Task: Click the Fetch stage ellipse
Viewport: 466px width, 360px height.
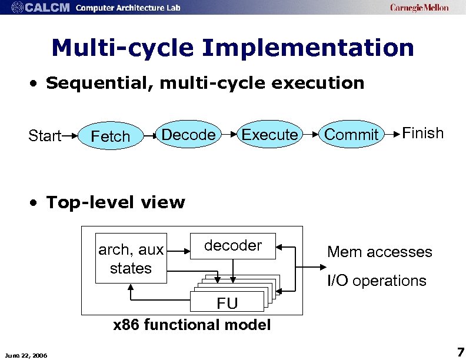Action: tap(111, 136)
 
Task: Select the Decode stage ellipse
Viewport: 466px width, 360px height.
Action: tap(188, 135)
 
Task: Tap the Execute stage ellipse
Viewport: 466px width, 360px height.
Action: tap(269, 135)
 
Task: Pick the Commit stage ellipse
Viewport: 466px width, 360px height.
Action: tap(351, 135)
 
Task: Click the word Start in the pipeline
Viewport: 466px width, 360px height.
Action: tap(45, 136)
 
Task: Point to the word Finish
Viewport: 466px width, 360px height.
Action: tap(422, 133)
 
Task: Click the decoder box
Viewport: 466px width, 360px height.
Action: tap(234, 246)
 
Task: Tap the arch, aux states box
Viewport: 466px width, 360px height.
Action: tap(131, 259)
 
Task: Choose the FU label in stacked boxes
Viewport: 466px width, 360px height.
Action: tap(227, 303)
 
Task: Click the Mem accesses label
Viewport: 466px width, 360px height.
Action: tap(380, 252)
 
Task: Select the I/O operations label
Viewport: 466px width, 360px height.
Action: tap(377, 281)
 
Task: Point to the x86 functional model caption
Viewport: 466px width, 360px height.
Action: tap(192, 325)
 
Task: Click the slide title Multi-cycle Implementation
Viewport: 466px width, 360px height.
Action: tap(232, 48)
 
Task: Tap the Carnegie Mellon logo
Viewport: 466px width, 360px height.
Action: tap(419, 8)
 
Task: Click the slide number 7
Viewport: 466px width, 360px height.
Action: tap(460, 352)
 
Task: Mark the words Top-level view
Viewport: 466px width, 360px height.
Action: tap(115, 202)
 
